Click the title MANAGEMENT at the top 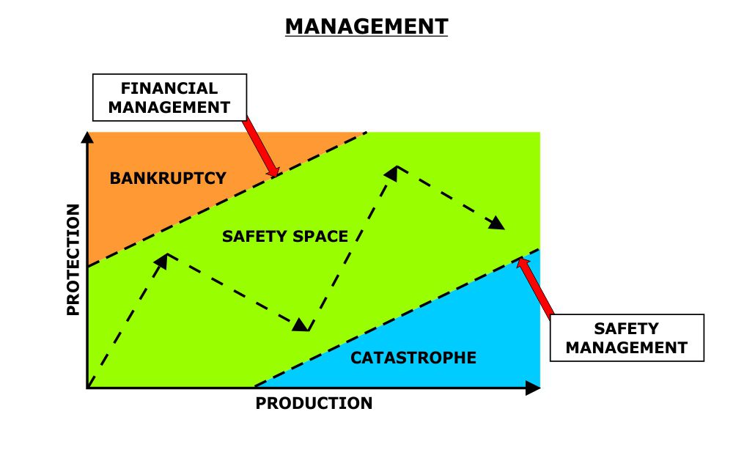(x=366, y=27)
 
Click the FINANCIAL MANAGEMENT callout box (x=169, y=98)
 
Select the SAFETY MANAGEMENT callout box (x=627, y=338)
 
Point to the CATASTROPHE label (x=413, y=358)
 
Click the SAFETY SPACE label (x=284, y=237)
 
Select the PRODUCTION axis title (x=314, y=404)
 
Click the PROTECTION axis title (x=72, y=260)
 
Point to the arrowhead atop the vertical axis (x=87, y=137)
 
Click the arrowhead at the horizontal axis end (x=534, y=388)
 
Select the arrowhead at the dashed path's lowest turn (x=301, y=325)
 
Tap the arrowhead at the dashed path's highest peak (x=393, y=173)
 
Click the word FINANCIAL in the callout (x=169, y=89)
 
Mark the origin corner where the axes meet (x=88, y=388)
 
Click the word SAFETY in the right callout (x=627, y=329)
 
